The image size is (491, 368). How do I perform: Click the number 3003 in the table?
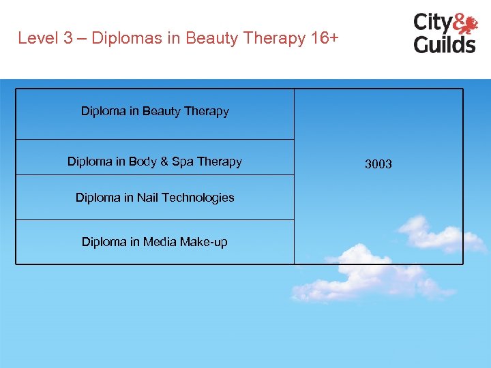click(x=378, y=164)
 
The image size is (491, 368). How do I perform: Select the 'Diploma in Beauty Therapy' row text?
click(x=155, y=111)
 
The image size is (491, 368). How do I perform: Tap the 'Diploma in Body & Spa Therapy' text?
click(x=154, y=162)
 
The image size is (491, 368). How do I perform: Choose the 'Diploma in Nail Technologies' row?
click(x=155, y=198)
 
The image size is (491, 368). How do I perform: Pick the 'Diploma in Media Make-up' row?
click(x=155, y=241)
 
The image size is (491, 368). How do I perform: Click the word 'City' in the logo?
click(x=432, y=22)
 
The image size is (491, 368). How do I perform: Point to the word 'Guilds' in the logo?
click(x=445, y=44)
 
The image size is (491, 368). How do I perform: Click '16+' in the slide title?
click(x=323, y=38)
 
